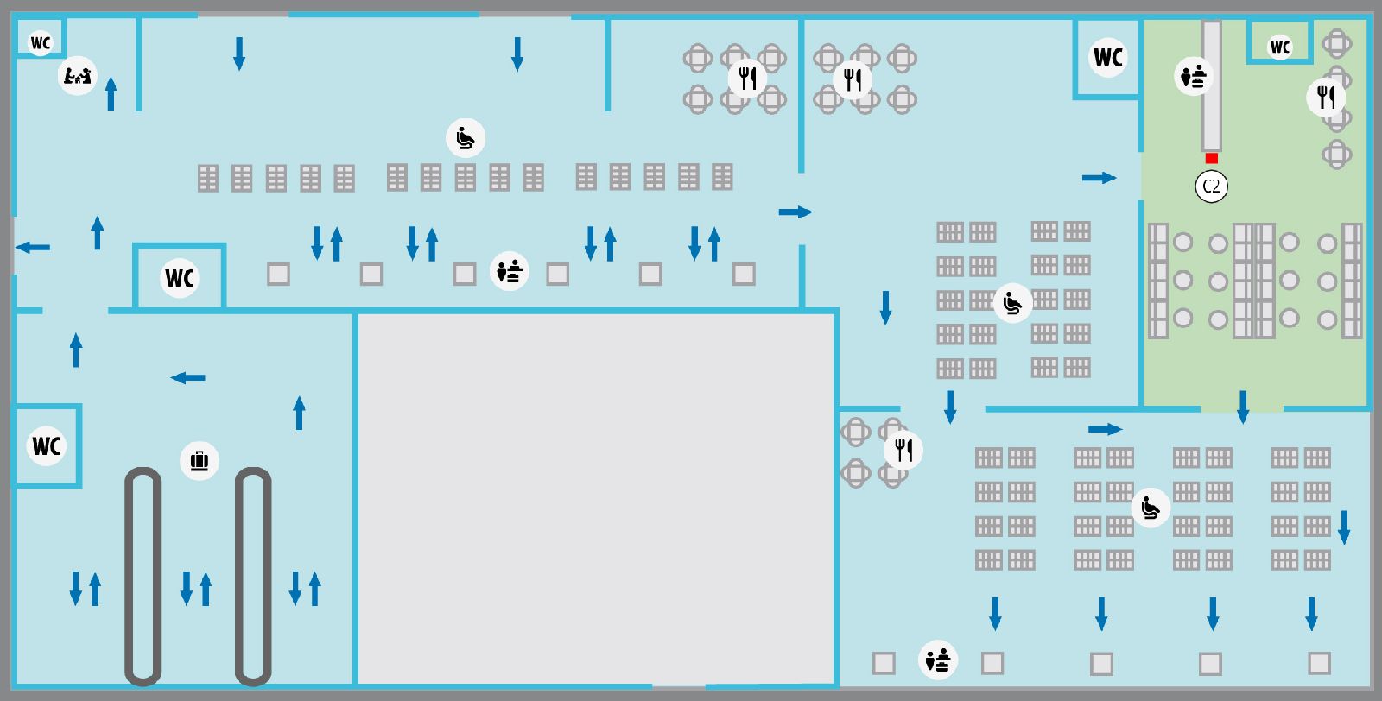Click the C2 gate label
(1211, 186)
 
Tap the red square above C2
(1211, 159)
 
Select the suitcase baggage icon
(200, 460)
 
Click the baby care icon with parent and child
(77, 76)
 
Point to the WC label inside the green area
(1279, 47)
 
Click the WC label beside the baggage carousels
(47, 445)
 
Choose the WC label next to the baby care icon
(41, 43)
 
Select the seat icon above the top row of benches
(466, 138)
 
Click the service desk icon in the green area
(1193, 77)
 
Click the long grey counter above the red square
(1211, 86)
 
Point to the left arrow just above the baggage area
(187, 378)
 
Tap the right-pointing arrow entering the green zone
(1100, 178)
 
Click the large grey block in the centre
(596, 499)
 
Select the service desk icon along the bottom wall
(938, 660)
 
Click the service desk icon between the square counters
(510, 271)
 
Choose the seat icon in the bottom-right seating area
(1151, 508)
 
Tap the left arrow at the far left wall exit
(33, 248)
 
